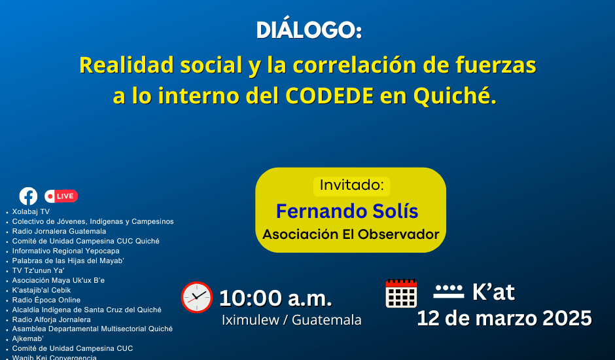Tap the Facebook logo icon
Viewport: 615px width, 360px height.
point(28,196)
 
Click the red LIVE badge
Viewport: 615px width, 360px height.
point(61,196)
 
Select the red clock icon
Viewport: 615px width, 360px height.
point(197,297)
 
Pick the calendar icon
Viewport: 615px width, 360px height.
point(401,293)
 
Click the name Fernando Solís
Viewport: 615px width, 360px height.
point(347,211)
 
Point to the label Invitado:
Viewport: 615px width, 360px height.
point(351,185)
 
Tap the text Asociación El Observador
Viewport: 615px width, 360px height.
point(351,234)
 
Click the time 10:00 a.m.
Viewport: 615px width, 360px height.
point(275,298)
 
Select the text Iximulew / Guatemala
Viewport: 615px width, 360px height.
point(291,320)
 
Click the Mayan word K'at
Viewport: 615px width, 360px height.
point(493,292)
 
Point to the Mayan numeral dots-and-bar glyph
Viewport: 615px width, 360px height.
point(449,291)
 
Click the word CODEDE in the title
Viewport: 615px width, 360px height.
point(329,96)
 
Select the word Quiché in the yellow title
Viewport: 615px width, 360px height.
point(455,96)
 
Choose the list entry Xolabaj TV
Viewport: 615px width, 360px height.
point(31,211)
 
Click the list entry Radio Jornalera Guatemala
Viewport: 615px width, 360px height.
point(60,231)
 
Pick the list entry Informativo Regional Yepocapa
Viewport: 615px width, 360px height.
point(66,251)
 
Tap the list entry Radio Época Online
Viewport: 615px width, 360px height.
point(46,300)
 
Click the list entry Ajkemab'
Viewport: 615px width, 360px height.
point(28,339)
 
